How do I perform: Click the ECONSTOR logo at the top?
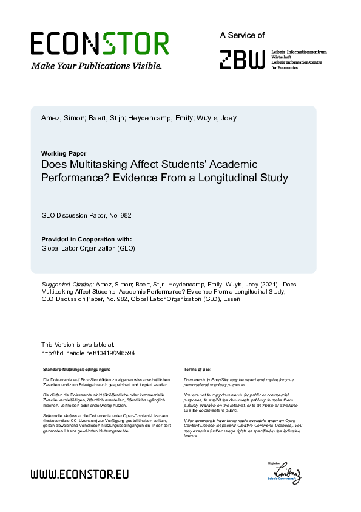click(100, 44)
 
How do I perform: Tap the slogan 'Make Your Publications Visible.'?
click(96, 66)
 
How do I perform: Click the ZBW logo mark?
click(243, 59)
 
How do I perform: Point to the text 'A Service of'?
click(242, 36)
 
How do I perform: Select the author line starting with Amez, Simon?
click(139, 118)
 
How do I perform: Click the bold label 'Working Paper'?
click(64, 153)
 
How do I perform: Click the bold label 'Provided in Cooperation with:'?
click(86, 239)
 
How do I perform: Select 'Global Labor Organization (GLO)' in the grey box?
click(88, 248)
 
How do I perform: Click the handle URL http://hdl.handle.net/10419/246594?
click(88, 353)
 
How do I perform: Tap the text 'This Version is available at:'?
click(78, 345)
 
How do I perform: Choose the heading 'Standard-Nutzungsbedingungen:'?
click(76, 369)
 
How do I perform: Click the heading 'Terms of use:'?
click(197, 369)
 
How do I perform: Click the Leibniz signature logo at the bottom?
click(287, 472)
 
